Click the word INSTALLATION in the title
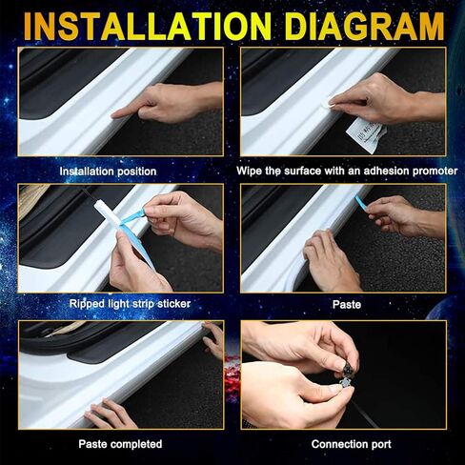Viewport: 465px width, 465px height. pos(148,26)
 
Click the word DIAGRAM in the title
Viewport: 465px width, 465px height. pos(364,26)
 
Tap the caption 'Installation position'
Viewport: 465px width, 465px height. pos(108,172)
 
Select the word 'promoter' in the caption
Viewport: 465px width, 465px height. pos(435,172)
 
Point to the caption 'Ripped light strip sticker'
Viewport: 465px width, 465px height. pos(130,304)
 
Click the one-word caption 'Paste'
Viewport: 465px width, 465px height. pos(347,305)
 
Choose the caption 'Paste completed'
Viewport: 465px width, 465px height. pos(120,444)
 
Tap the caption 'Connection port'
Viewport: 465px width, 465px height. pos(352,444)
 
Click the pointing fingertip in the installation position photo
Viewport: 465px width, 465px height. pos(115,114)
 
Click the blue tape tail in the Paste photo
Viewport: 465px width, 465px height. pos(361,203)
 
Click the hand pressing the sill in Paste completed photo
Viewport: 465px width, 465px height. pos(110,413)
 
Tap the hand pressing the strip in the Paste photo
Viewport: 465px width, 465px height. pos(331,260)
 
